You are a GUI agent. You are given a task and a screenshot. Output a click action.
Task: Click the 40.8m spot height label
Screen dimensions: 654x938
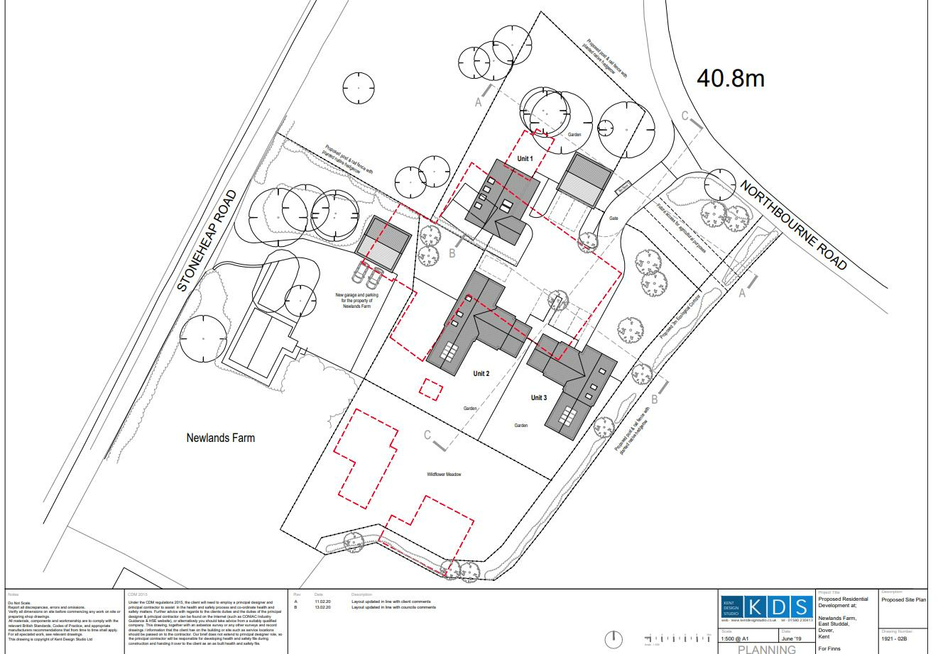click(x=730, y=77)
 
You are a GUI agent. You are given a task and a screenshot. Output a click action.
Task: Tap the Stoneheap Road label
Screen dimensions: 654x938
click(x=207, y=241)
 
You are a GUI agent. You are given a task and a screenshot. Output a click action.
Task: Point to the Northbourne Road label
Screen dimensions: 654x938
click(x=794, y=224)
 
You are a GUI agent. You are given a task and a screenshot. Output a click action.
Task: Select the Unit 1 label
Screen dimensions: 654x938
click(x=525, y=160)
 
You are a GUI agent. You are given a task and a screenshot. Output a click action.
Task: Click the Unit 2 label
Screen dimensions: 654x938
click(x=481, y=373)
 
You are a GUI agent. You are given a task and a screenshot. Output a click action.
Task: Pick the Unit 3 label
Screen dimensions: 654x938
click(x=539, y=398)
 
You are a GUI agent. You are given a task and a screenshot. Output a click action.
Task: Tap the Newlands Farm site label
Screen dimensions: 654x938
click(x=220, y=438)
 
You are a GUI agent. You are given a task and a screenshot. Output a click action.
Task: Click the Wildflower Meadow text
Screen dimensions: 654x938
click(x=444, y=475)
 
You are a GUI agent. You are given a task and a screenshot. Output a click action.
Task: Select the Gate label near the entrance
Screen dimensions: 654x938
click(x=613, y=218)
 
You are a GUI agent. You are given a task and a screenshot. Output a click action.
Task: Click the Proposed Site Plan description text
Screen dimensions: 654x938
click(x=904, y=599)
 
